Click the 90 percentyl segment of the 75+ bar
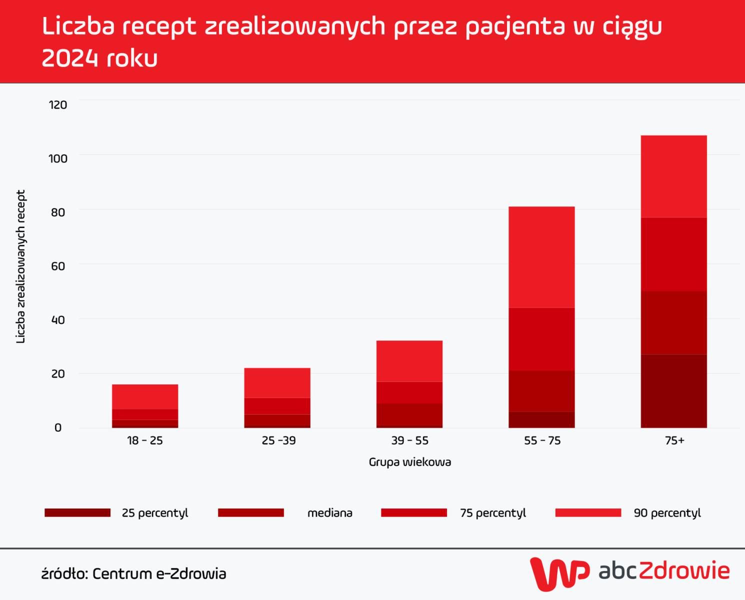point(673,176)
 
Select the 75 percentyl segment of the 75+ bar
point(673,254)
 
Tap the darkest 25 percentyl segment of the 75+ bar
point(673,391)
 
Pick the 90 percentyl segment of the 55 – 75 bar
point(541,256)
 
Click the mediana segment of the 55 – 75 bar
point(541,391)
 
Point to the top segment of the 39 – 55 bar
point(409,361)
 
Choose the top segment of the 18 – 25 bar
point(145,396)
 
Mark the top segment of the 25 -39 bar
point(277,382)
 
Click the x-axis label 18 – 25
point(145,440)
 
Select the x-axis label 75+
point(674,440)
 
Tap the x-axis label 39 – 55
point(409,440)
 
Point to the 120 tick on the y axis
point(57,104)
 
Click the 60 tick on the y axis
point(58,266)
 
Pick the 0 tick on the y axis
point(58,427)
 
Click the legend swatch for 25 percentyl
point(77,512)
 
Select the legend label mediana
point(329,513)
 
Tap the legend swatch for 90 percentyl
point(588,512)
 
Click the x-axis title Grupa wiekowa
point(409,462)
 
